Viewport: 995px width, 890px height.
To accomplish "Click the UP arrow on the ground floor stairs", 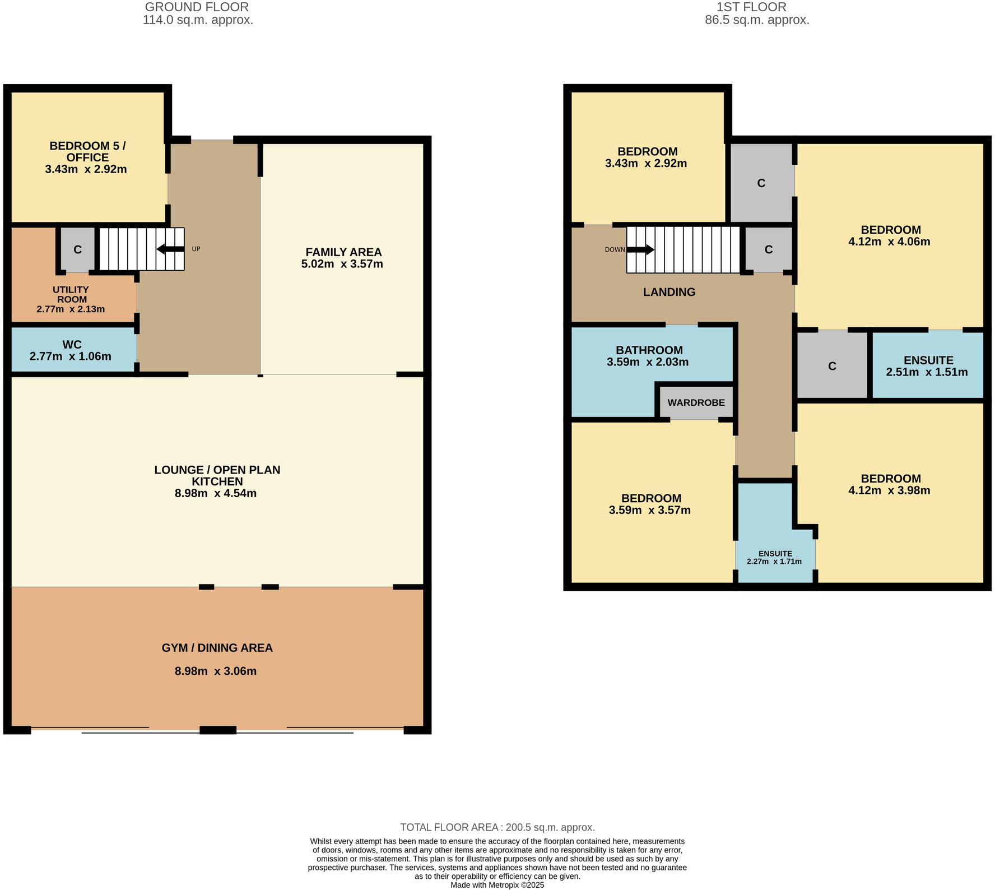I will [170, 249].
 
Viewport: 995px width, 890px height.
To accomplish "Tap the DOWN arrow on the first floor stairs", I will [640, 249].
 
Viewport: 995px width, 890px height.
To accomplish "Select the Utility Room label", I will [71, 295].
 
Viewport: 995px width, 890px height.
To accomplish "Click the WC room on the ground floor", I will [72, 350].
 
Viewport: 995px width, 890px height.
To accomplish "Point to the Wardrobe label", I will [696, 402].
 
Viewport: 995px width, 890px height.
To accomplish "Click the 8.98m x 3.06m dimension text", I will [216, 671].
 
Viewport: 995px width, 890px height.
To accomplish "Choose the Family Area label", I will [343, 252].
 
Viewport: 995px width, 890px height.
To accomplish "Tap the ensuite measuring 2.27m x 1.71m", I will [775, 558].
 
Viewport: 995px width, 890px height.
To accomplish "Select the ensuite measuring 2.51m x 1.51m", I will [928, 366].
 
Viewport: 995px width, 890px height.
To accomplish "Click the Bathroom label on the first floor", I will [649, 350].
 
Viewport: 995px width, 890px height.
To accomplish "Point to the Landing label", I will [669, 292].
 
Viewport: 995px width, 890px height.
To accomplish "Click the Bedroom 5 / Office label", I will [87, 151].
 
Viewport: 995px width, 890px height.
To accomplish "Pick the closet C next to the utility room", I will [77, 249].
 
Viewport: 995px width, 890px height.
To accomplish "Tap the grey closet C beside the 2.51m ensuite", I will [832, 366].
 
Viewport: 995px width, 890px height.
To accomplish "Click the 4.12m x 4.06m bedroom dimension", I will [890, 242].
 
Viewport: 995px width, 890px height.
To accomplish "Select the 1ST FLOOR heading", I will [751, 7].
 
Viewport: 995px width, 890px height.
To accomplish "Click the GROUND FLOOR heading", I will [197, 7].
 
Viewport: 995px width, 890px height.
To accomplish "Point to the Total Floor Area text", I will [497, 827].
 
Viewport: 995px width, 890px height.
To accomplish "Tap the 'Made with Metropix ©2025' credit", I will [497, 885].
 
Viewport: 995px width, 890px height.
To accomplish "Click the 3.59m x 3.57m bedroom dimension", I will [649, 510].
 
